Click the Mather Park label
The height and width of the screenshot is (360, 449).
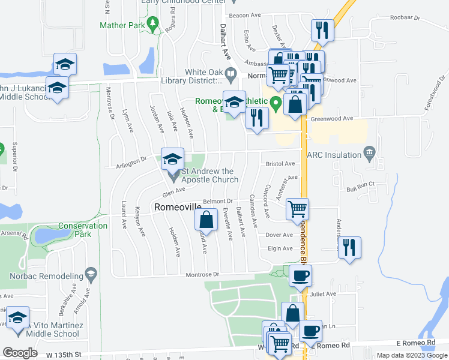tap(122, 26)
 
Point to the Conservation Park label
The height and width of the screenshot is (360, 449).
tap(83, 230)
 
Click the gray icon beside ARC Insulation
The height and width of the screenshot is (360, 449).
tap(370, 154)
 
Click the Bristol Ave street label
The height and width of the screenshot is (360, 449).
tap(280, 163)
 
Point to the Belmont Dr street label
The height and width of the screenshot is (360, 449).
tap(217, 201)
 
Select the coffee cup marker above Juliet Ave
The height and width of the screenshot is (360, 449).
tap(300, 275)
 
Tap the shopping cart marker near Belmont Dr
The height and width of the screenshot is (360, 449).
tap(297, 209)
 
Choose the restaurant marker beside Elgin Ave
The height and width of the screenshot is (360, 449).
tap(349, 247)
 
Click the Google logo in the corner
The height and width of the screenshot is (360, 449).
tap(19, 353)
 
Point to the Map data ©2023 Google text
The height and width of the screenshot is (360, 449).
tap(412, 355)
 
